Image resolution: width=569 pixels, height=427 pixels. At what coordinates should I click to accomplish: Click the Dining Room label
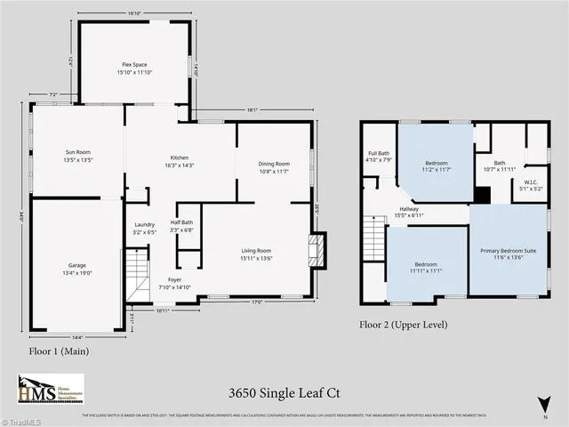point(274,164)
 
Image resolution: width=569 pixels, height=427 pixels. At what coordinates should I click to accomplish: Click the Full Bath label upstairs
point(378,154)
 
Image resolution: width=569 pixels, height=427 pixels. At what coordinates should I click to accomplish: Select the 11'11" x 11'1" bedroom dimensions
point(428,270)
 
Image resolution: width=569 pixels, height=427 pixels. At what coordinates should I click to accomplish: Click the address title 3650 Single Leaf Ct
point(284,392)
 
